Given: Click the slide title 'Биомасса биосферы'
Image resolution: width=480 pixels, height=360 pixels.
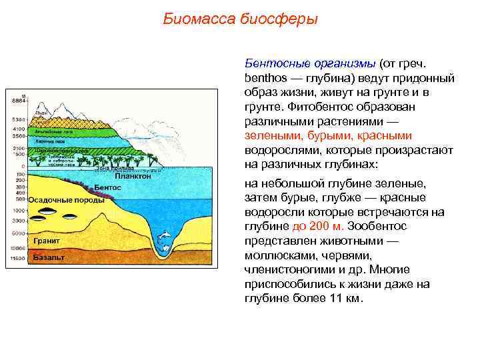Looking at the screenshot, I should [240, 19].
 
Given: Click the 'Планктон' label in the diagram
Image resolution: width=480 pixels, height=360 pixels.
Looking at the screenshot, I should [133, 177].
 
